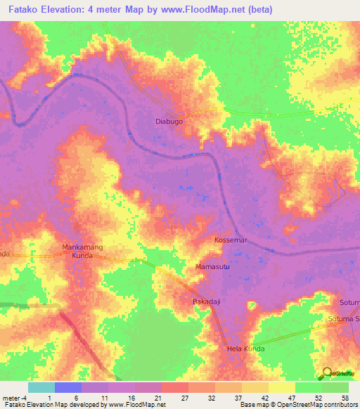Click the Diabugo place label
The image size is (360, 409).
(169, 121)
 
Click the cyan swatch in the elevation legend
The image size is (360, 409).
(41, 387)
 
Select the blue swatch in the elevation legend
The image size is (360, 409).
(68, 387)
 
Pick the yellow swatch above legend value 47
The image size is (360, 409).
(281, 387)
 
